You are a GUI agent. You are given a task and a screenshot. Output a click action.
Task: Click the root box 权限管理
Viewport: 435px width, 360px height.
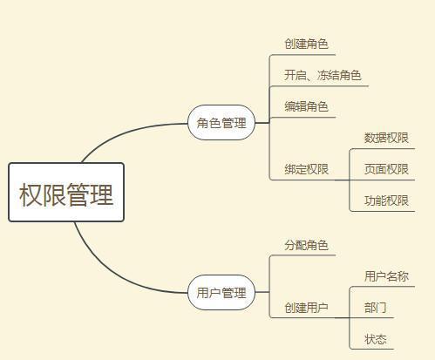(x=66, y=193)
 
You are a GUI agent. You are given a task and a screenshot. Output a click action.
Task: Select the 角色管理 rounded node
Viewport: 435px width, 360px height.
(x=221, y=123)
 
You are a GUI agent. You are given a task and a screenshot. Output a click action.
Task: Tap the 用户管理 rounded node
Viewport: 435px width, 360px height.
(x=221, y=292)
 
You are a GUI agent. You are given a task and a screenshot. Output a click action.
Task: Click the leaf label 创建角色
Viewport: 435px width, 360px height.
(x=306, y=44)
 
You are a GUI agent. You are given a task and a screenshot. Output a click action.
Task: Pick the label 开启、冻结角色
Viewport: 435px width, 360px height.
(x=323, y=75)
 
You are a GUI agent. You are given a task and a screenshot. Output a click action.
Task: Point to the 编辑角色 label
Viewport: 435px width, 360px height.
(x=306, y=106)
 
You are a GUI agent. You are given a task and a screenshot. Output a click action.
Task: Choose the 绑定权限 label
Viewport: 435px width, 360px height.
(x=306, y=169)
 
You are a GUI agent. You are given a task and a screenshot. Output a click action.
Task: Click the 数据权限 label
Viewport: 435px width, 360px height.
(x=386, y=138)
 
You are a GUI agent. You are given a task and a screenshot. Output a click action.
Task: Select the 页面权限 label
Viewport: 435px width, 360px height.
(x=386, y=169)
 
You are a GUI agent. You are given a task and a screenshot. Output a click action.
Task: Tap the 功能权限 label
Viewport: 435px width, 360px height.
(x=386, y=200)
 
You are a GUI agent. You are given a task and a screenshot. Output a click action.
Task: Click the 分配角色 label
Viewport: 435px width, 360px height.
(x=306, y=245)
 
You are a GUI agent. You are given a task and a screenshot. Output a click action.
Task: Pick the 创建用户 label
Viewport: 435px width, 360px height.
(x=306, y=308)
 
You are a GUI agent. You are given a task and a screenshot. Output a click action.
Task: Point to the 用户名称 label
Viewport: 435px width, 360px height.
(x=386, y=276)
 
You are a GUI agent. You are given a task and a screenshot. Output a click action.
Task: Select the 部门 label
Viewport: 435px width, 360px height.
(x=375, y=308)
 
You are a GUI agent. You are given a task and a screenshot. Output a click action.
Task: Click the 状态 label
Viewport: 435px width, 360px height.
(x=375, y=339)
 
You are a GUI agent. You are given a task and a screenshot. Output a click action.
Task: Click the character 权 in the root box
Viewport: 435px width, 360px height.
(x=31, y=194)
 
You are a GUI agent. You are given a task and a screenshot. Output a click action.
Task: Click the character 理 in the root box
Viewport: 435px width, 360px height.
(x=101, y=194)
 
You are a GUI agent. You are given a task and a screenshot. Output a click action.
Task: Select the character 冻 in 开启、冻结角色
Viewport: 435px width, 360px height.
(x=323, y=75)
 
